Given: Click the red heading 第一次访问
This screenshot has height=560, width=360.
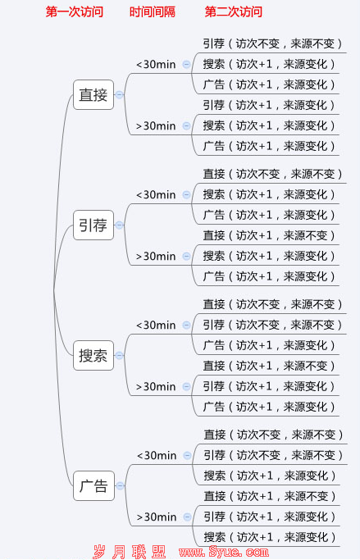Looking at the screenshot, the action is pos(75,11).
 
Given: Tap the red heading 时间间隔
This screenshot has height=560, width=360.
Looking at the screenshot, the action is pos(153,11).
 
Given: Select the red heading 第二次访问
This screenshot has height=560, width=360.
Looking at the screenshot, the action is pos(233,11).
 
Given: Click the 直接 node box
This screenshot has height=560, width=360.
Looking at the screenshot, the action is pos(93,94).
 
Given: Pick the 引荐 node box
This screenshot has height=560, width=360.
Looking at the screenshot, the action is pos(93,225).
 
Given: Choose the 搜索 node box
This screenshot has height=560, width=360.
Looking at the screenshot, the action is pos(93,355).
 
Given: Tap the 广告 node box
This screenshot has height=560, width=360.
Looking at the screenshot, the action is pos(93,485).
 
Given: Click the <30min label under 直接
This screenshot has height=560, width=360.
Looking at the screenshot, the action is pos(156,64).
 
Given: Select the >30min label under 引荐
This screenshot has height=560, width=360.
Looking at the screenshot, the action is pos(156,256).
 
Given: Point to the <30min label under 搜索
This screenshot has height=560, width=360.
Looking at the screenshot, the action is pos(156,325).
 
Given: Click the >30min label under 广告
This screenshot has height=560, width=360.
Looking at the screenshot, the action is pos(157,517).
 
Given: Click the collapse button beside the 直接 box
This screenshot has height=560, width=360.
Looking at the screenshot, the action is pos(119,94).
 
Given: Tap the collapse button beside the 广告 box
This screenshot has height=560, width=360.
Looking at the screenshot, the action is pos(120,485).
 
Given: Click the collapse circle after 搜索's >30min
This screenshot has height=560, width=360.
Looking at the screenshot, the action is pos(186,386).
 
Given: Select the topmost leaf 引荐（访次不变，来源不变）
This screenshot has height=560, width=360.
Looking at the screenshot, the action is pos(272,43).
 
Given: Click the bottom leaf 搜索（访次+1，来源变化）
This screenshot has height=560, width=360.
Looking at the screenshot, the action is pos(270,537).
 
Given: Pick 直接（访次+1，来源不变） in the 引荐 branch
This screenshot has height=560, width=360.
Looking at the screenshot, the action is pos(269,235).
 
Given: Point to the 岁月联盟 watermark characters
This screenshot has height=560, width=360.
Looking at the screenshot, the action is pos(129,552).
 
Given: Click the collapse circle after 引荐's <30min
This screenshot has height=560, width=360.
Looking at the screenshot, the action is pos(186,194).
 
